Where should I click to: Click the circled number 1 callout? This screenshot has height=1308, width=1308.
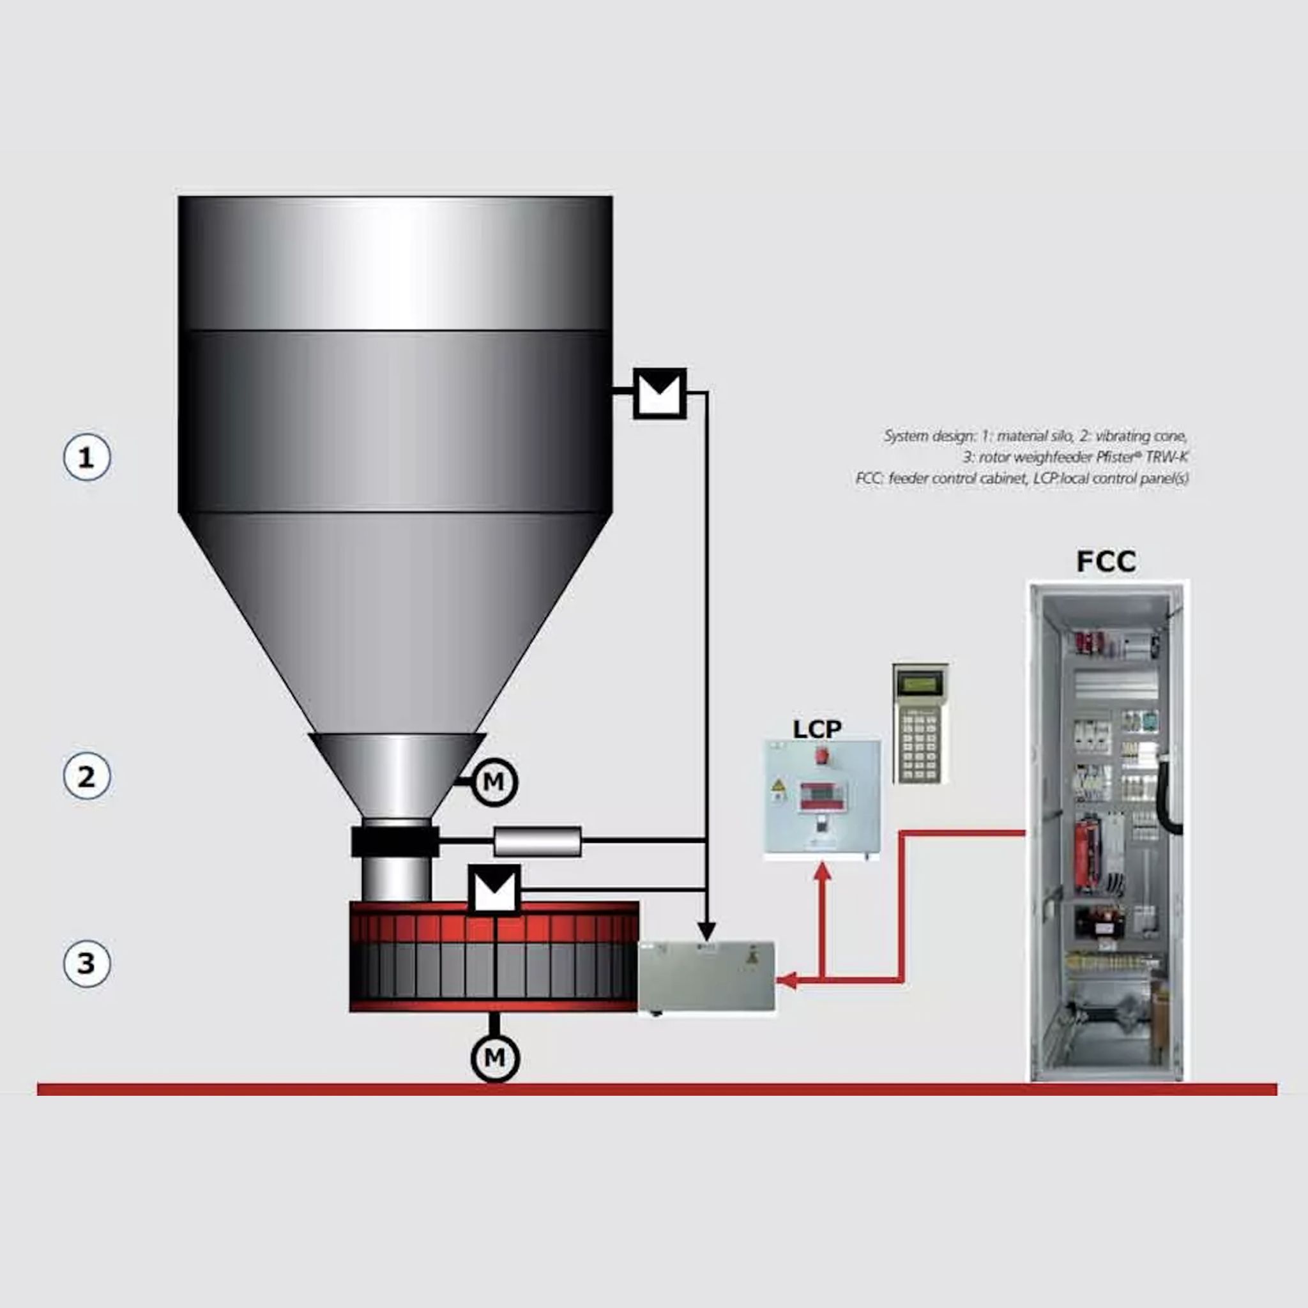click(x=87, y=458)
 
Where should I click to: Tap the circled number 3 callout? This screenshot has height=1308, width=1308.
click(x=87, y=962)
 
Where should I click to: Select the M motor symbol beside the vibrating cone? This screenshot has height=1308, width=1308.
click(x=494, y=782)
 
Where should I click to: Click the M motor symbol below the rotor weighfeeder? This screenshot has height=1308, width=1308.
click(x=495, y=1057)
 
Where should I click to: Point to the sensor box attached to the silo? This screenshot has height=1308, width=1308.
click(x=659, y=393)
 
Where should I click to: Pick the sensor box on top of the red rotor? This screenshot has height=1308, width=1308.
click(x=494, y=890)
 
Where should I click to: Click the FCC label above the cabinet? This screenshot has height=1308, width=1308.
click(x=1106, y=561)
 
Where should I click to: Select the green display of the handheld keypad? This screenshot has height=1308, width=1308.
click(x=920, y=685)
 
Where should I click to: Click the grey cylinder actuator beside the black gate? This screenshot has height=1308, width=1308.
click(x=538, y=842)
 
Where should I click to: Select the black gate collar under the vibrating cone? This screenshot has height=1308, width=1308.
click(x=395, y=842)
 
